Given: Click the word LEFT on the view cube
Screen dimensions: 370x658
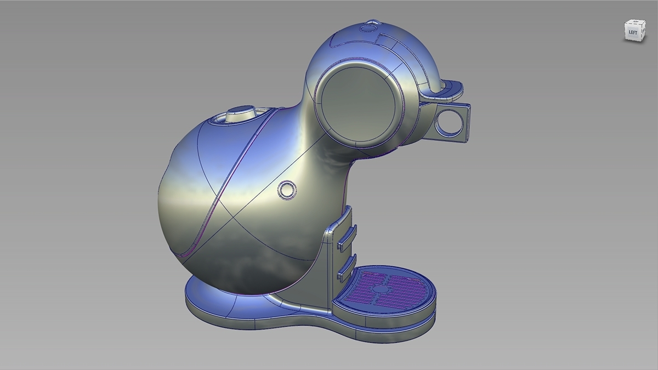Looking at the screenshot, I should click(x=632, y=32).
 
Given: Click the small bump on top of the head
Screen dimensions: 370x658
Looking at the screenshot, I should click(x=371, y=24).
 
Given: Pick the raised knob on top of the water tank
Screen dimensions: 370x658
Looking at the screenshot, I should click(x=240, y=113).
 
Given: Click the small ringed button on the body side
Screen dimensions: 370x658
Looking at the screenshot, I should click(x=286, y=190).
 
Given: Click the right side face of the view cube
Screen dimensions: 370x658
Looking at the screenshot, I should click(x=640, y=32).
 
